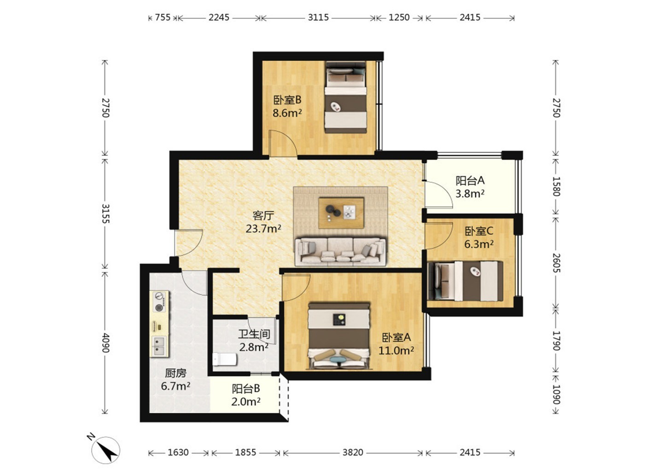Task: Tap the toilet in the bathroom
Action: (x=225, y=359)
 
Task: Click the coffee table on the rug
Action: (x=341, y=213)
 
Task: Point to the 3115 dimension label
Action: (x=318, y=17)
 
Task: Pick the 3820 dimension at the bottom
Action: (x=353, y=452)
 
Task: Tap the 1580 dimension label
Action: (x=557, y=186)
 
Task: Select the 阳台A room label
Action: (x=470, y=180)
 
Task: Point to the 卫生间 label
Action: (x=254, y=334)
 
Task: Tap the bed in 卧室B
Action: (x=345, y=97)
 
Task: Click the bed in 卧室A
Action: (x=339, y=336)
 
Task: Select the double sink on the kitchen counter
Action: (x=159, y=347)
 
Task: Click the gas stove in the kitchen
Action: (x=159, y=301)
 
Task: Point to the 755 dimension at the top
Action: (x=163, y=17)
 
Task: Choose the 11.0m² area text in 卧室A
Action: (x=396, y=351)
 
